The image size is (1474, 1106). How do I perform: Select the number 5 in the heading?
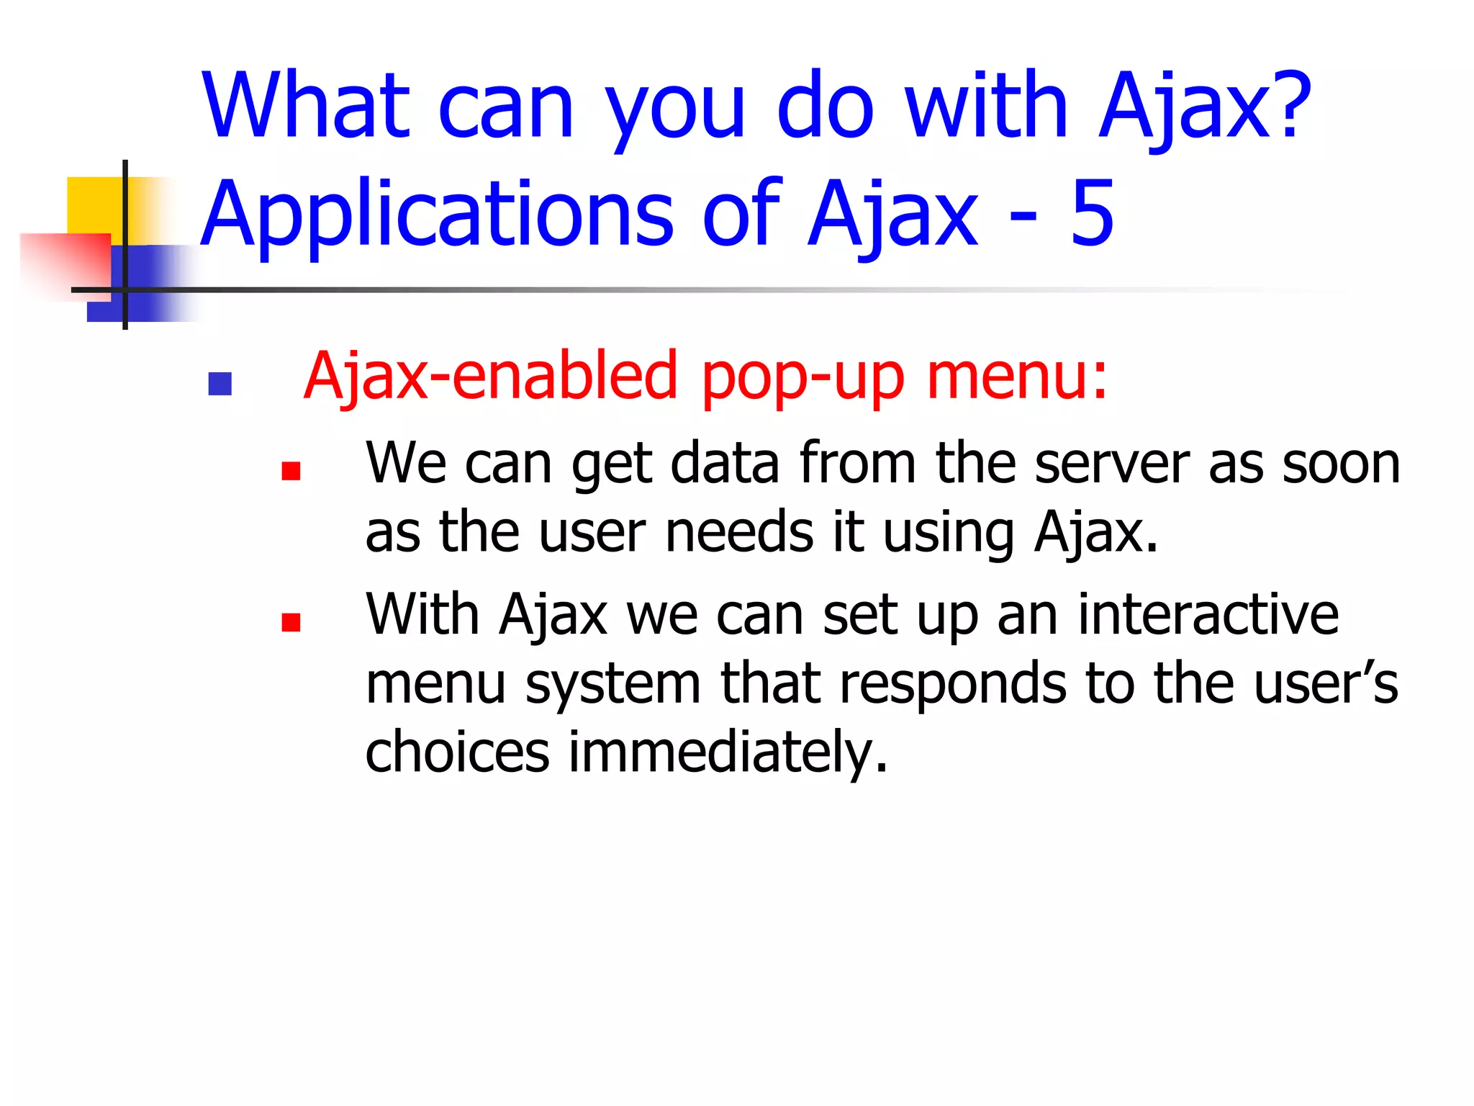click(x=1092, y=213)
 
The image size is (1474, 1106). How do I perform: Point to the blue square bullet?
click(x=220, y=383)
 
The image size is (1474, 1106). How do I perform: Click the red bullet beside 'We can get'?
click(x=291, y=471)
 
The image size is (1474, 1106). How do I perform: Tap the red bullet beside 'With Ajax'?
click(x=291, y=621)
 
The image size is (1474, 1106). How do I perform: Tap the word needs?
click(x=739, y=532)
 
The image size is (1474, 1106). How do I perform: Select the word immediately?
click(x=728, y=752)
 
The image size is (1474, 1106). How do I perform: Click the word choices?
click(x=458, y=752)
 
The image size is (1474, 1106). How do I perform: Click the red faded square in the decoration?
click(x=65, y=263)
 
